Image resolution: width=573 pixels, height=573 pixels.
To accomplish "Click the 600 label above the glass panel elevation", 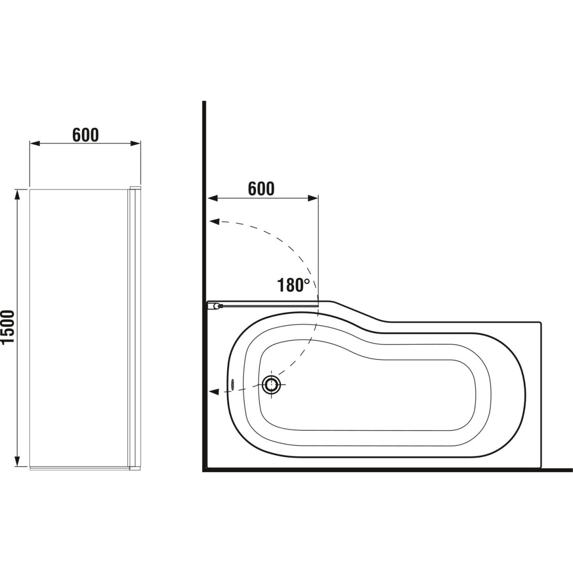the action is (85, 135).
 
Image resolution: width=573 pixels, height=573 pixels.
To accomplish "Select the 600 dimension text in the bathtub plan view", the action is (261, 189).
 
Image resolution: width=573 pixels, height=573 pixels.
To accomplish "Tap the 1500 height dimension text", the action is (8, 328).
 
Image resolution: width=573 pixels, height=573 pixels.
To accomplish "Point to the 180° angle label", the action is (293, 285).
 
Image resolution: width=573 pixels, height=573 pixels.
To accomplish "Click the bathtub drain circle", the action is (271, 385).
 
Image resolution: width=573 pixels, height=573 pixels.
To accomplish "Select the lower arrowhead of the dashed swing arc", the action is (214, 392).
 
